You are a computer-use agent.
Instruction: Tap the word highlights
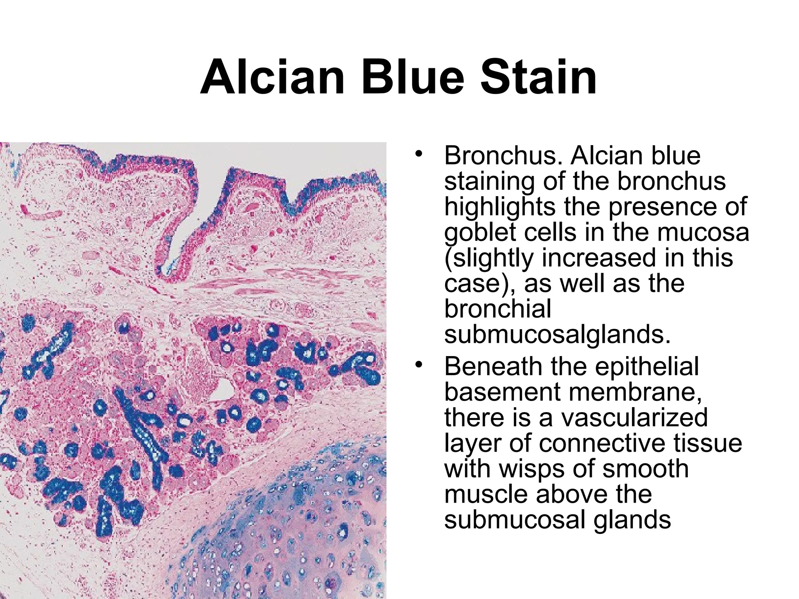coord(500,206)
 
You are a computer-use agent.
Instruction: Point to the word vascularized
coord(634,417)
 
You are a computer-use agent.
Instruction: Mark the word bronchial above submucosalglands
coord(497,309)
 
